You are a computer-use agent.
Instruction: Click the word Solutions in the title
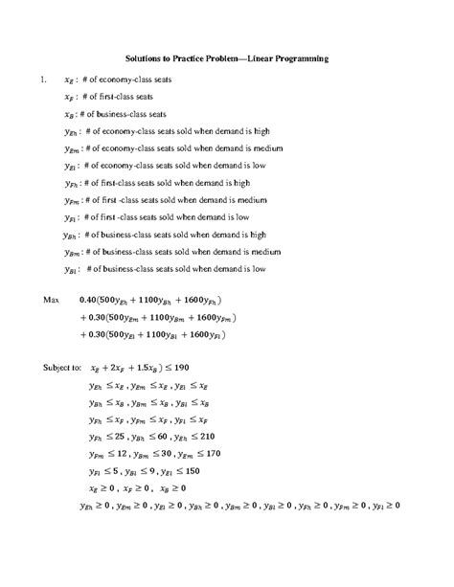146,58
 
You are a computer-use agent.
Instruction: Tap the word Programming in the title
300,58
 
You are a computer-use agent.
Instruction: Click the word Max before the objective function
52,300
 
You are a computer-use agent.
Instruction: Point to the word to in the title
170,58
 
